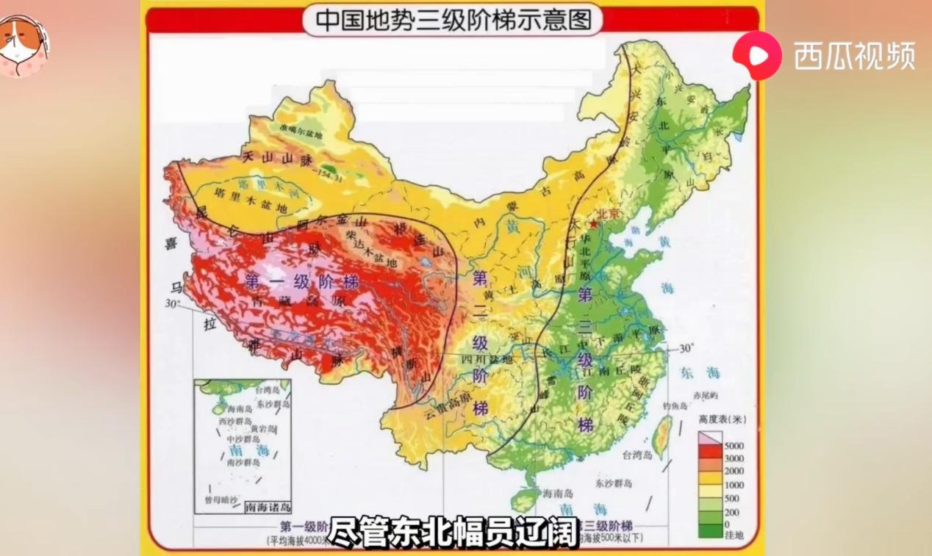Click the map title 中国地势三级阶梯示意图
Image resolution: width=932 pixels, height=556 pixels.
453,20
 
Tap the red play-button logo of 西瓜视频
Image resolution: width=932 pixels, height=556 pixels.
756,55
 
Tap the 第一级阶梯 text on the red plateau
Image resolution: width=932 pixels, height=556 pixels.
301,281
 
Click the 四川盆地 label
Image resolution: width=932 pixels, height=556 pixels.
484,360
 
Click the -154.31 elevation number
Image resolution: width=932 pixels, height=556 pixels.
330,177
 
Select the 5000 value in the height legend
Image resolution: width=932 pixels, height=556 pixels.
734,446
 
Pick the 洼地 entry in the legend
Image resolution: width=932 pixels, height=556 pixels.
734,536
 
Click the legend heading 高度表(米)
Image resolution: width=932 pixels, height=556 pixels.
722,420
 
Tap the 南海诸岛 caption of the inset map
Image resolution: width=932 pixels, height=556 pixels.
268,507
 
